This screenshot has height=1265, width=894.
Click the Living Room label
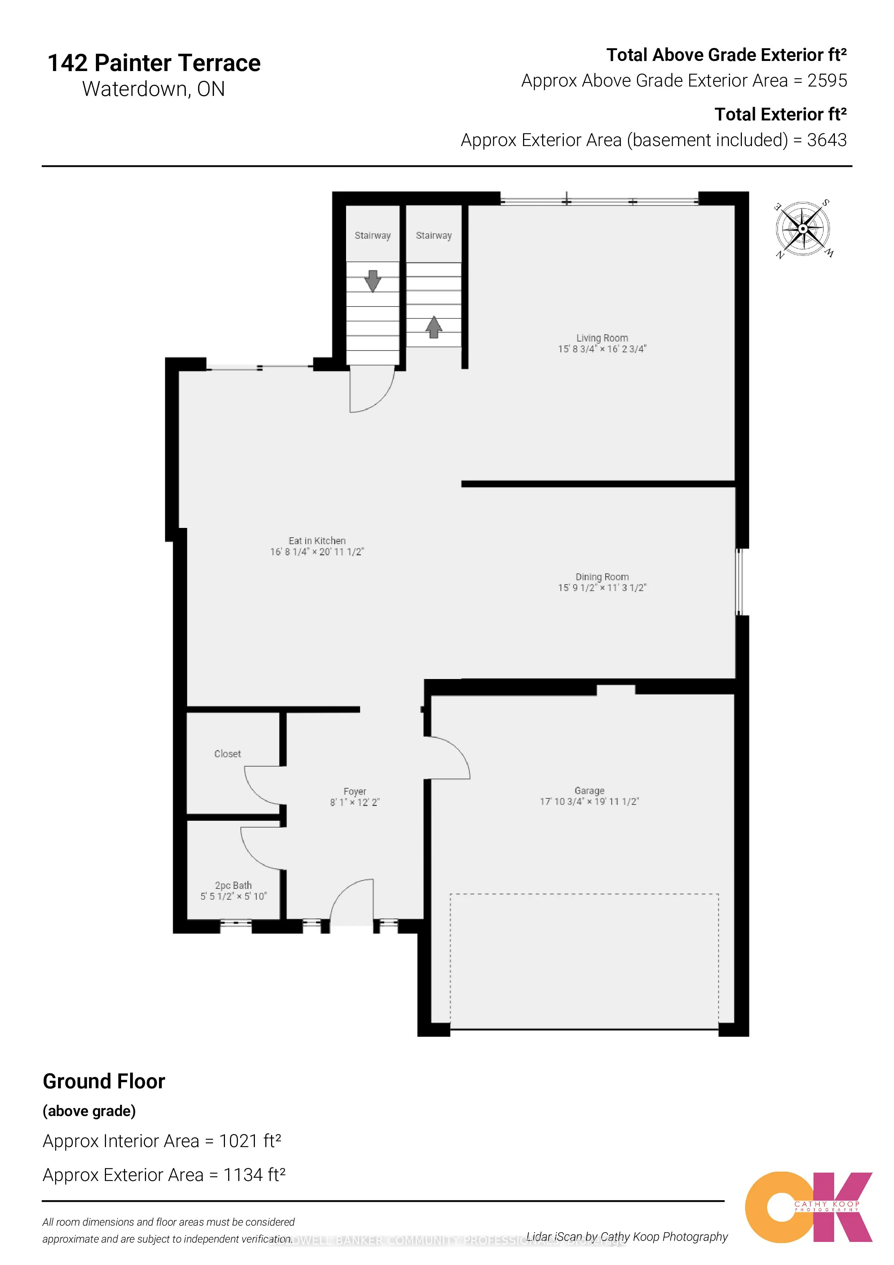[602, 338]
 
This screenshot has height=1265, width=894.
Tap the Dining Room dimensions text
[602, 588]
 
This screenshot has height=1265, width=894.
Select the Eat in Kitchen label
[317, 541]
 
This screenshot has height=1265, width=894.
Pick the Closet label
[227, 754]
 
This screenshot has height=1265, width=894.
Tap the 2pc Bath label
[233, 885]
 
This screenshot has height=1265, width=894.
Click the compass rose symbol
[803, 229]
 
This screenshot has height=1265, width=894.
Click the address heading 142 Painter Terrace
[154, 63]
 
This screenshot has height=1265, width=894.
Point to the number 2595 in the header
[827, 81]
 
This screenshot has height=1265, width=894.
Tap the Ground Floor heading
[104, 1081]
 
